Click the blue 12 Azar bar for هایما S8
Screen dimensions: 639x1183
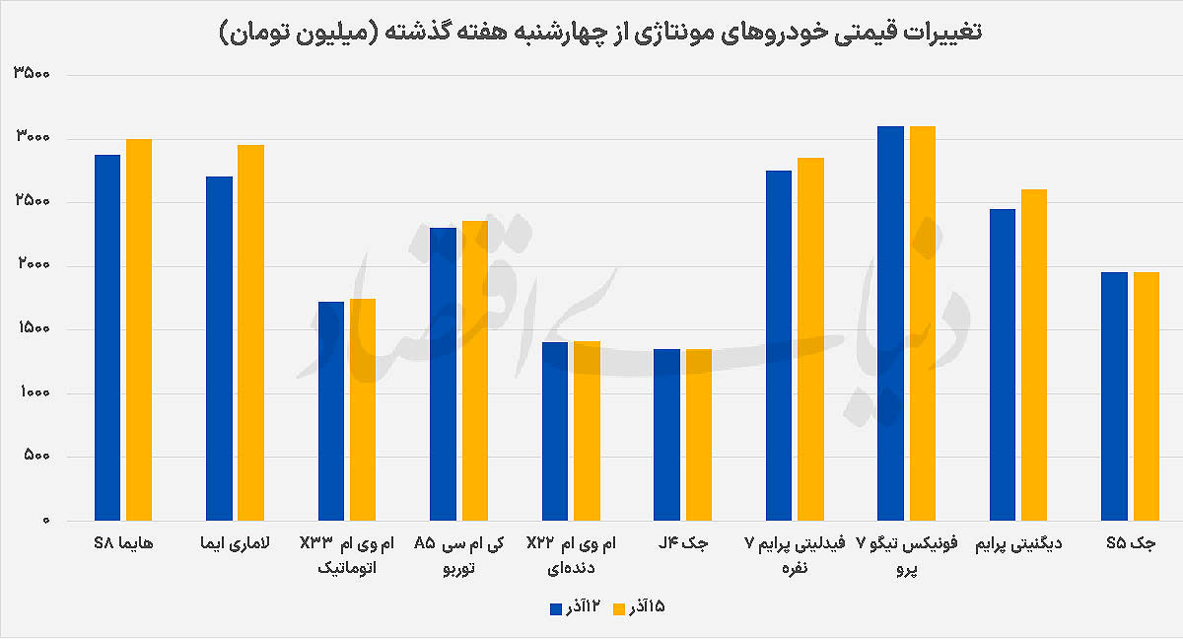click(x=107, y=337)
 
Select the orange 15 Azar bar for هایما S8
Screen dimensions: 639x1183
click(x=139, y=329)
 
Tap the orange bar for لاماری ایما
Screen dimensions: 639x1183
click(x=251, y=332)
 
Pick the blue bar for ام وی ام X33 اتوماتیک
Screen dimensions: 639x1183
click(x=331, y=410)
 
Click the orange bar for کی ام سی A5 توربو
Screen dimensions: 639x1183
click(x=475, y=370)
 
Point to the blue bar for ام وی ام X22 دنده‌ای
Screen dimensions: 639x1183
click(x=555, y=431)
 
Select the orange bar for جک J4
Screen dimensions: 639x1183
click(x=699, y=434)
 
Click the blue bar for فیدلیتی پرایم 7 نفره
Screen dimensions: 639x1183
click(x=779, y=345)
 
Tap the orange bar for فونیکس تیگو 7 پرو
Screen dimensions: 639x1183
click(x=923, y=322)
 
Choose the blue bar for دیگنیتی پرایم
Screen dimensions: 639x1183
click(x=1003, y=364)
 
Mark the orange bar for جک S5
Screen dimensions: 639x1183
click(x=1147, y=395)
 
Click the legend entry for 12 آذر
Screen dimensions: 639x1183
click(x=576, y=607)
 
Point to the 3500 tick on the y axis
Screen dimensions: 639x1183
click(x=37, y=75)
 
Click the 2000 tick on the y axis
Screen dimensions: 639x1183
click(x=37, y=266)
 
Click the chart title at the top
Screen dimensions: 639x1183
click(x=599, y=32)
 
